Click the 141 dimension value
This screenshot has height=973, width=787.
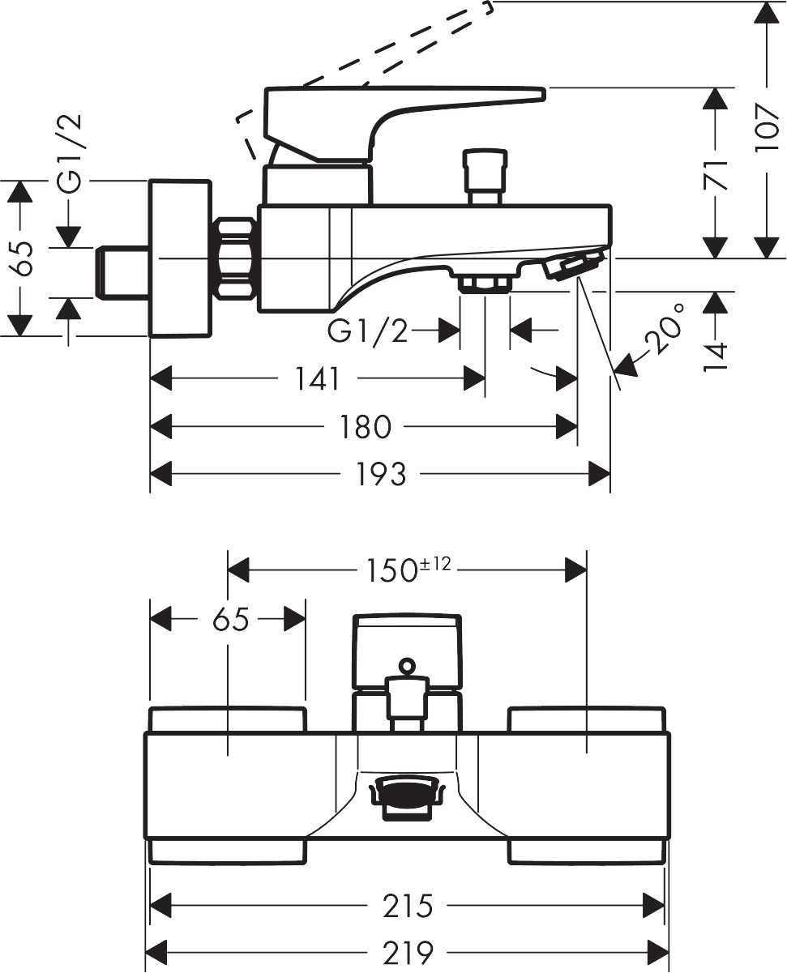coord(317,378)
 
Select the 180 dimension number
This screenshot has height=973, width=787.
coord(366,427)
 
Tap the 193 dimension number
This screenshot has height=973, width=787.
coord(381,475)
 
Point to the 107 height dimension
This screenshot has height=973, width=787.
coord(766,128)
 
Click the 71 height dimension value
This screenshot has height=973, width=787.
coord(715,173)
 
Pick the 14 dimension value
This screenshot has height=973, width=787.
coord(715,355)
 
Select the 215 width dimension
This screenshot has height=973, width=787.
coord(408,906)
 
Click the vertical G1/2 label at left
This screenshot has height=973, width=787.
coord(72,155)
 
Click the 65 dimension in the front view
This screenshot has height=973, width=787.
coord(230,621)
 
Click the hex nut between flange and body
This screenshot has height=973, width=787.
coord(237,258)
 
